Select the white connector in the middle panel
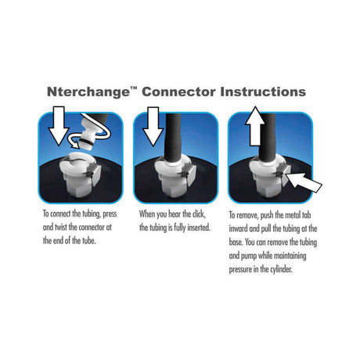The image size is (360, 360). (x=171, y=178)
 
